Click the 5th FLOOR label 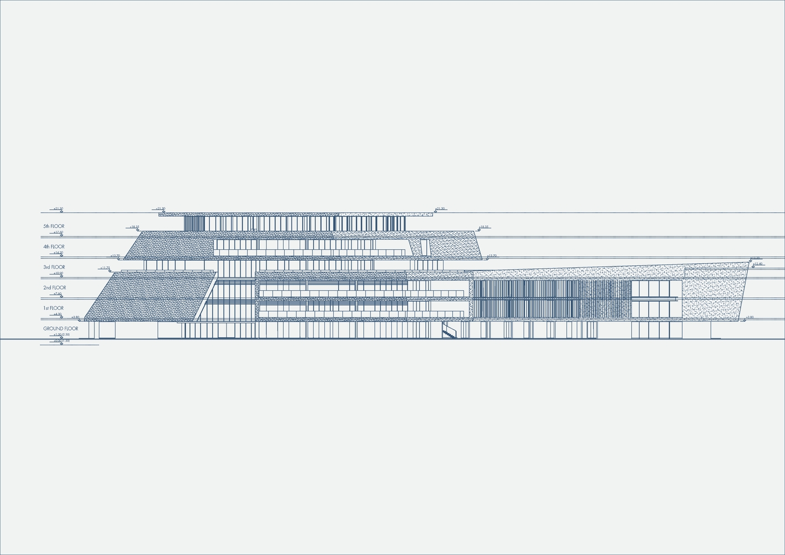(54, 226)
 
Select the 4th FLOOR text (54, 246)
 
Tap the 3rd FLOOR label (54, 267)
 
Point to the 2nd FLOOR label (54, 287)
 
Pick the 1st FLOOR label (53, 308)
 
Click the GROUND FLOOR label (61, 329)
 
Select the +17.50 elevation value (58, 233)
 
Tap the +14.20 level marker (58, 253)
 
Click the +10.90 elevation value (58, 273)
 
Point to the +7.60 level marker (58, 294)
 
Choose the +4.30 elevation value (58, 314)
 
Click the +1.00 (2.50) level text (61, 335)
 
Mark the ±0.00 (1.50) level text (61, 340)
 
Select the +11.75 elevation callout (105, 268)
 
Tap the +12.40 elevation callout (758, 264)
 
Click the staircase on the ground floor (449, 332)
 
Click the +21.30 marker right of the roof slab (440, 209)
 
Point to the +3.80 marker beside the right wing (749, 317)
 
